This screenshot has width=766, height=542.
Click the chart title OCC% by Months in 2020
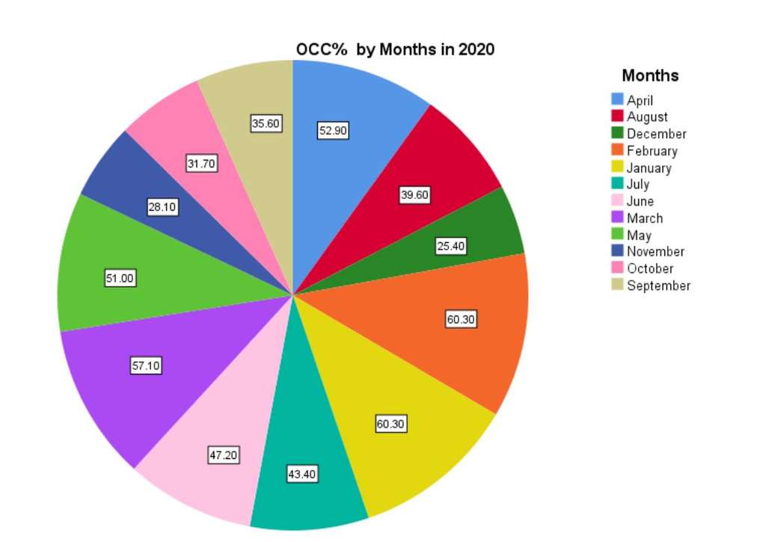click(x=395, y=50)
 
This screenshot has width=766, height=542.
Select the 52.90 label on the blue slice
click(x=333, y=131)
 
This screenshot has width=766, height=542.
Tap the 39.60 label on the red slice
click(x=414, y=195)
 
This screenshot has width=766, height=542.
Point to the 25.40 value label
click(x=450, y=246)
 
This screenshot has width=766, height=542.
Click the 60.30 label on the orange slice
click(x=461, y=320)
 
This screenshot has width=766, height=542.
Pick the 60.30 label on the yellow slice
click(x=390, y=425)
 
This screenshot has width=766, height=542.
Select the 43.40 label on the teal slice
click(x=301, y=474)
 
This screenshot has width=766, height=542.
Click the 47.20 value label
click(x=223, y=455)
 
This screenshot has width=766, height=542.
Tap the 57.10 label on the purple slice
click(x=146, y=366)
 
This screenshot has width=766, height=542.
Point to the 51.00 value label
click(x=120, y=279)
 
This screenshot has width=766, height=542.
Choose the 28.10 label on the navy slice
click(x=162, y=208)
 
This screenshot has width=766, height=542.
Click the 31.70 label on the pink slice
click(x=201, y=164)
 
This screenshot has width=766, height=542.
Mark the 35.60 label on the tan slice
click(x=266, y=124)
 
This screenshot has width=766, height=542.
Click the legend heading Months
click(x=650, y=76)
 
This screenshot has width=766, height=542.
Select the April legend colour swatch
click(x=617, y=99)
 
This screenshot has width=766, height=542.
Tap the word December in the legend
click(x=656, y=134)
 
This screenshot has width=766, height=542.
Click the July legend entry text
click(x=637, y=184)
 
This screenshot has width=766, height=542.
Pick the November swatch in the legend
click(x=617, y=251)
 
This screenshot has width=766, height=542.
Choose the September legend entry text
click(x=658, y=286)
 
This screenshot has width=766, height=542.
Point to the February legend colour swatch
click(x=617, y=150)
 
